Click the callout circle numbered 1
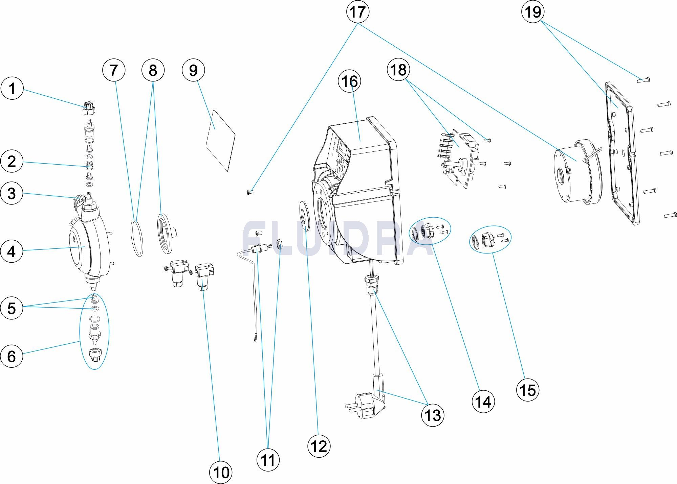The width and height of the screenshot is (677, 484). pyautogui.click(x=12, y=89)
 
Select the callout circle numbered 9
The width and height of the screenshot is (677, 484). pyautogui.click(x=193, y=70)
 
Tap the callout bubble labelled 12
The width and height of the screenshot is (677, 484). pyautogui.click(x=319, y=446)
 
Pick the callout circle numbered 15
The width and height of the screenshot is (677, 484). pyautogui.click(x=527, y=390)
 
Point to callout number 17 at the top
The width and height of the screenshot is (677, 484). pyautogui.click(x=357, y=12)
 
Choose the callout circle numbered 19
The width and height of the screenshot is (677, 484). pyautogui.click(x=533, y=12)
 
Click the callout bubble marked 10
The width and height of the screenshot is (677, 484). pyautogui.click(x=221, y=472)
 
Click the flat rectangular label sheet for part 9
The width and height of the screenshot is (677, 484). pyautogui.click(x=220, y=139)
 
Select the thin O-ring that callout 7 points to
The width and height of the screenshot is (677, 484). pyautogui.click(x=137, y=238)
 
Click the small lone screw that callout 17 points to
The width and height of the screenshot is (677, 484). pyautogui.click(x=249, y=193)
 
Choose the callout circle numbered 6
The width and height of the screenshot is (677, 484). pyautogui.click(x=12, y=356)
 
